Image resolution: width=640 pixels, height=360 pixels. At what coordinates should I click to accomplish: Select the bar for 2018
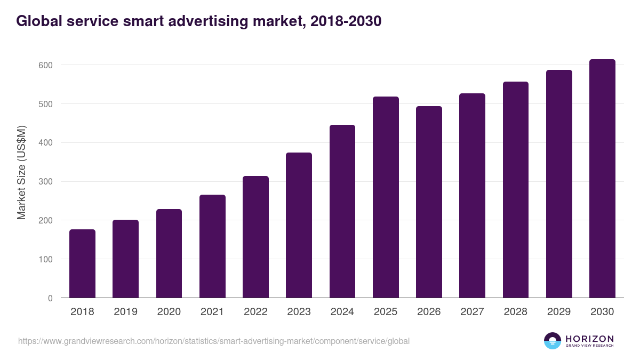82,263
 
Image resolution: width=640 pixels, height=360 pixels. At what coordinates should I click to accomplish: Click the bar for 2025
386,197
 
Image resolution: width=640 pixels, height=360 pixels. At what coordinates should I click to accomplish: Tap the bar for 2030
602,179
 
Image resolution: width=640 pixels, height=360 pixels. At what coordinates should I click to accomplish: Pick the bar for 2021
212,246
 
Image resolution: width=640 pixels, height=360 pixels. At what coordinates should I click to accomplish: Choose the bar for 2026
429,202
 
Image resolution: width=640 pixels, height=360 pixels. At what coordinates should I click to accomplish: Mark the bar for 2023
299,225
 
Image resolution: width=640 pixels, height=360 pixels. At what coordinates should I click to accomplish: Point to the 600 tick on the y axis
46,65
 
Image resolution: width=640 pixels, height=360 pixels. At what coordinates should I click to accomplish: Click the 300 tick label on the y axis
46,182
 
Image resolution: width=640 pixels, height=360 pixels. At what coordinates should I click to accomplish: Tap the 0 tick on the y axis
50,298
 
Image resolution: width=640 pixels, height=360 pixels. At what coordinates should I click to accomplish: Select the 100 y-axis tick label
46,259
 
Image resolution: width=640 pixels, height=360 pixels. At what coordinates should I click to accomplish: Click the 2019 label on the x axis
125,312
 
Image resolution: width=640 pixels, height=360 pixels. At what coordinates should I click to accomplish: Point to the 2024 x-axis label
342,312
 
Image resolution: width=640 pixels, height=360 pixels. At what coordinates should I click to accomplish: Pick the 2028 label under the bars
515,312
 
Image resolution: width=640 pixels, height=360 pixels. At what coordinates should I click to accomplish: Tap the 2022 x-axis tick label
255,312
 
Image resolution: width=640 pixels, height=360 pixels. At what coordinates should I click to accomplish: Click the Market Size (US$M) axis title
22,173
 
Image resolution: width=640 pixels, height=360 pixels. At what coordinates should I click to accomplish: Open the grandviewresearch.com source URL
214,341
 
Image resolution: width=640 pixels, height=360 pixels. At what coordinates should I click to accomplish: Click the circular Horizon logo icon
553,341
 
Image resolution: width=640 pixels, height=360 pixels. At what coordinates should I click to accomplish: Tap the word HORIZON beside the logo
589,338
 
